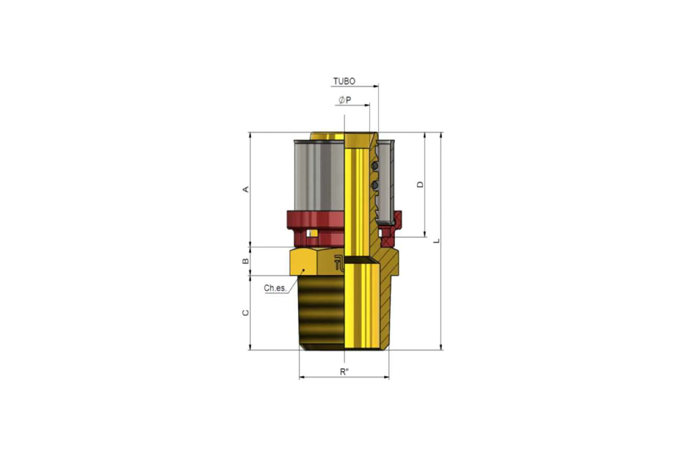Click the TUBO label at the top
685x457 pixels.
344,81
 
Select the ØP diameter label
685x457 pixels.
345,100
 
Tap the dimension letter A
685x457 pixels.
246,189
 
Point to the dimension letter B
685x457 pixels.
246,261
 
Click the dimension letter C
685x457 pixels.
246,313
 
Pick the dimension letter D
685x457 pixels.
420,185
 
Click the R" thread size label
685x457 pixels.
344,372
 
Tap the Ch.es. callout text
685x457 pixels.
275,288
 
